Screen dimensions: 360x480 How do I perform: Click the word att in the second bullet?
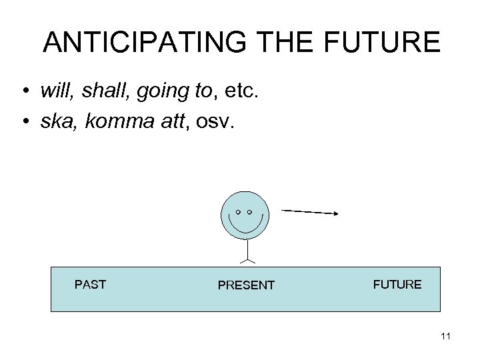point(170,120)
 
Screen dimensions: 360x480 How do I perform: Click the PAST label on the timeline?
point(90,285)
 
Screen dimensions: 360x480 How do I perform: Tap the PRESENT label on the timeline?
point(246,285)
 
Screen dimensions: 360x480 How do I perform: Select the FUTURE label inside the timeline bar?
point(397,285)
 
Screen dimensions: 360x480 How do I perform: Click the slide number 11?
point(446,337)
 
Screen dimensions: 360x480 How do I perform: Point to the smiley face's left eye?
point(238,212)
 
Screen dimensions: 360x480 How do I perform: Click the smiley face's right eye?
point(250,212)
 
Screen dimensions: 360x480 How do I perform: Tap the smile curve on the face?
point(245,229)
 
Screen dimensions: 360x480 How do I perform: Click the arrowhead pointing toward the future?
point(336,213)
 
